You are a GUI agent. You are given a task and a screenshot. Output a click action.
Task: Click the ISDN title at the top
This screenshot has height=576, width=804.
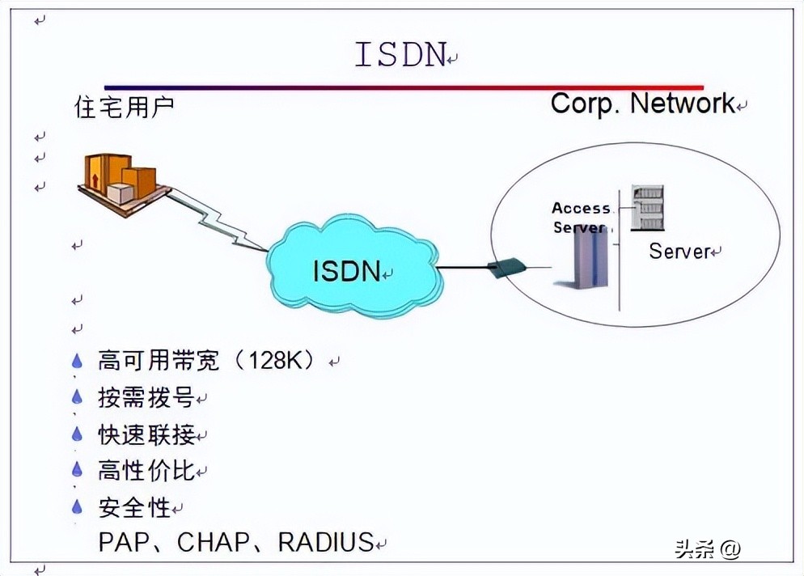400,54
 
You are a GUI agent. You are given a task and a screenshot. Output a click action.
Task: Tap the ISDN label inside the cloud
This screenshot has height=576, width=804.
346,271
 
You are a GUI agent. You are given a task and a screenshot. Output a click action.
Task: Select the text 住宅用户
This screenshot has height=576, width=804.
124,108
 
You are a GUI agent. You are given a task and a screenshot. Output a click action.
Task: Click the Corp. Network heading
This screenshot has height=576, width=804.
642,104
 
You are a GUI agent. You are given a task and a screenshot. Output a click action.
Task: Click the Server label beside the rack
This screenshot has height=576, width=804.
679,251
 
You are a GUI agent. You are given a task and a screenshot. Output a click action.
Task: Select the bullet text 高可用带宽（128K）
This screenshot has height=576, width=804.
206,360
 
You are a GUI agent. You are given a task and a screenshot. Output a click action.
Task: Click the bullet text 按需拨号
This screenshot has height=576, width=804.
146,398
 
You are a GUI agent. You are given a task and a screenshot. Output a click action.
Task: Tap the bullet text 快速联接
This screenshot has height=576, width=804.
146,434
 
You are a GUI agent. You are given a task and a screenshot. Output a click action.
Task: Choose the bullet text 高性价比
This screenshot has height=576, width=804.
146,471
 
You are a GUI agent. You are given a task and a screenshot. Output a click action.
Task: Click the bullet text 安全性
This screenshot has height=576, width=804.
134,507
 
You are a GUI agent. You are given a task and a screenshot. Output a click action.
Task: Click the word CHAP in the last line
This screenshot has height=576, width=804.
216,542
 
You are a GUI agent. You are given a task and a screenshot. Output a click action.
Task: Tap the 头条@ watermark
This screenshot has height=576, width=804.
708,549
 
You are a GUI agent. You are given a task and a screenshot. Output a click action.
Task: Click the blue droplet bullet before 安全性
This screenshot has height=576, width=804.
77,507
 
